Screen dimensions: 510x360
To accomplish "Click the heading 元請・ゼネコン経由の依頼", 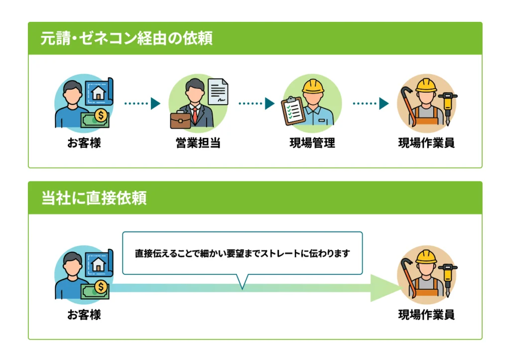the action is [127, 38].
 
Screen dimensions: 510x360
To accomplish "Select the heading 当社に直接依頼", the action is [94, 198].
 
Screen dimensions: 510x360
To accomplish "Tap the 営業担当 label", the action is [198, 143].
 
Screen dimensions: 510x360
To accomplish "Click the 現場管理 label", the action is [312, 143].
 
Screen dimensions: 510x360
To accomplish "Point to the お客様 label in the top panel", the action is [84, 143].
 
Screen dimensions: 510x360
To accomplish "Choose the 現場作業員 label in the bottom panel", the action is [426, 315].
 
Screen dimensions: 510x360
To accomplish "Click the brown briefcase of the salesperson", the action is [180, 120].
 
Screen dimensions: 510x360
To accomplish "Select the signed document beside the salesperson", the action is [218, 92].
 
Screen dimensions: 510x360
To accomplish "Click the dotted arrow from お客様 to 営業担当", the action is [142, 104].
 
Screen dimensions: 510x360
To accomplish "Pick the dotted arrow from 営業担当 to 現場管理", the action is [256, 104].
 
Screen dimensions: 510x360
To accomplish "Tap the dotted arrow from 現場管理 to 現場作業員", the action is [371, 104].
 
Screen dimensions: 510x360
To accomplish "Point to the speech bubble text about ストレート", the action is [243, 253].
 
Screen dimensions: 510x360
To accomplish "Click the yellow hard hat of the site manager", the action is [313, 86].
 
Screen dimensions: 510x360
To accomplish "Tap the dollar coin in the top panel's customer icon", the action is [101, 115].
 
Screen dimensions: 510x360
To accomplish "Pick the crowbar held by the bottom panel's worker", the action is [409, 277].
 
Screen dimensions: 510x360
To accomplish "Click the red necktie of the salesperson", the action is [195, 116].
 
